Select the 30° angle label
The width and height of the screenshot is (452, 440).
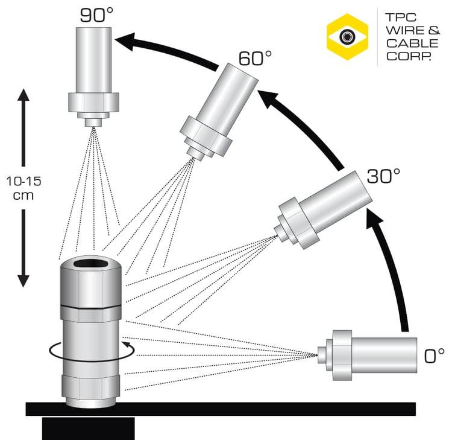(x=384, y=176)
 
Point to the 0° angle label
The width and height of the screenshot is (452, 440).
(x=434, y=356)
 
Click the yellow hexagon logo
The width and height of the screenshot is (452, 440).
(x=347, y=38)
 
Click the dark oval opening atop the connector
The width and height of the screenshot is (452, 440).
(x=92, y=263)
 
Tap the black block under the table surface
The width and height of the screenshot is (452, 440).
(x=88, y=427)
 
